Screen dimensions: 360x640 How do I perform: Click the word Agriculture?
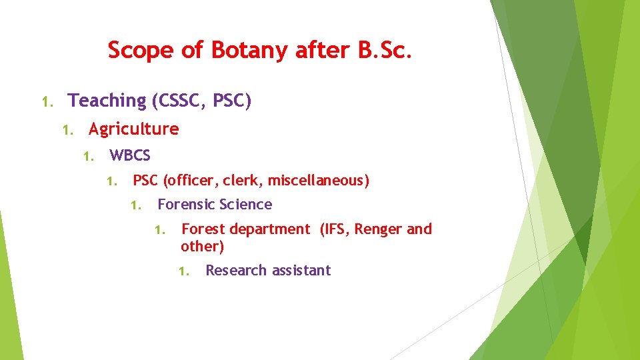(x=134, y=129)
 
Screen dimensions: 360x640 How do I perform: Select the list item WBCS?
(x=130, y=156)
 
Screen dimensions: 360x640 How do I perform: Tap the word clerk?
(x=242, y=180)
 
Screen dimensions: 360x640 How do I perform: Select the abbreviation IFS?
(x=334, y=229)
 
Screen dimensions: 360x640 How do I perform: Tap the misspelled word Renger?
(x=378, y=229)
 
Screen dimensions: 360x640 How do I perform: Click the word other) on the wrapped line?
(x=202, y=247)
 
